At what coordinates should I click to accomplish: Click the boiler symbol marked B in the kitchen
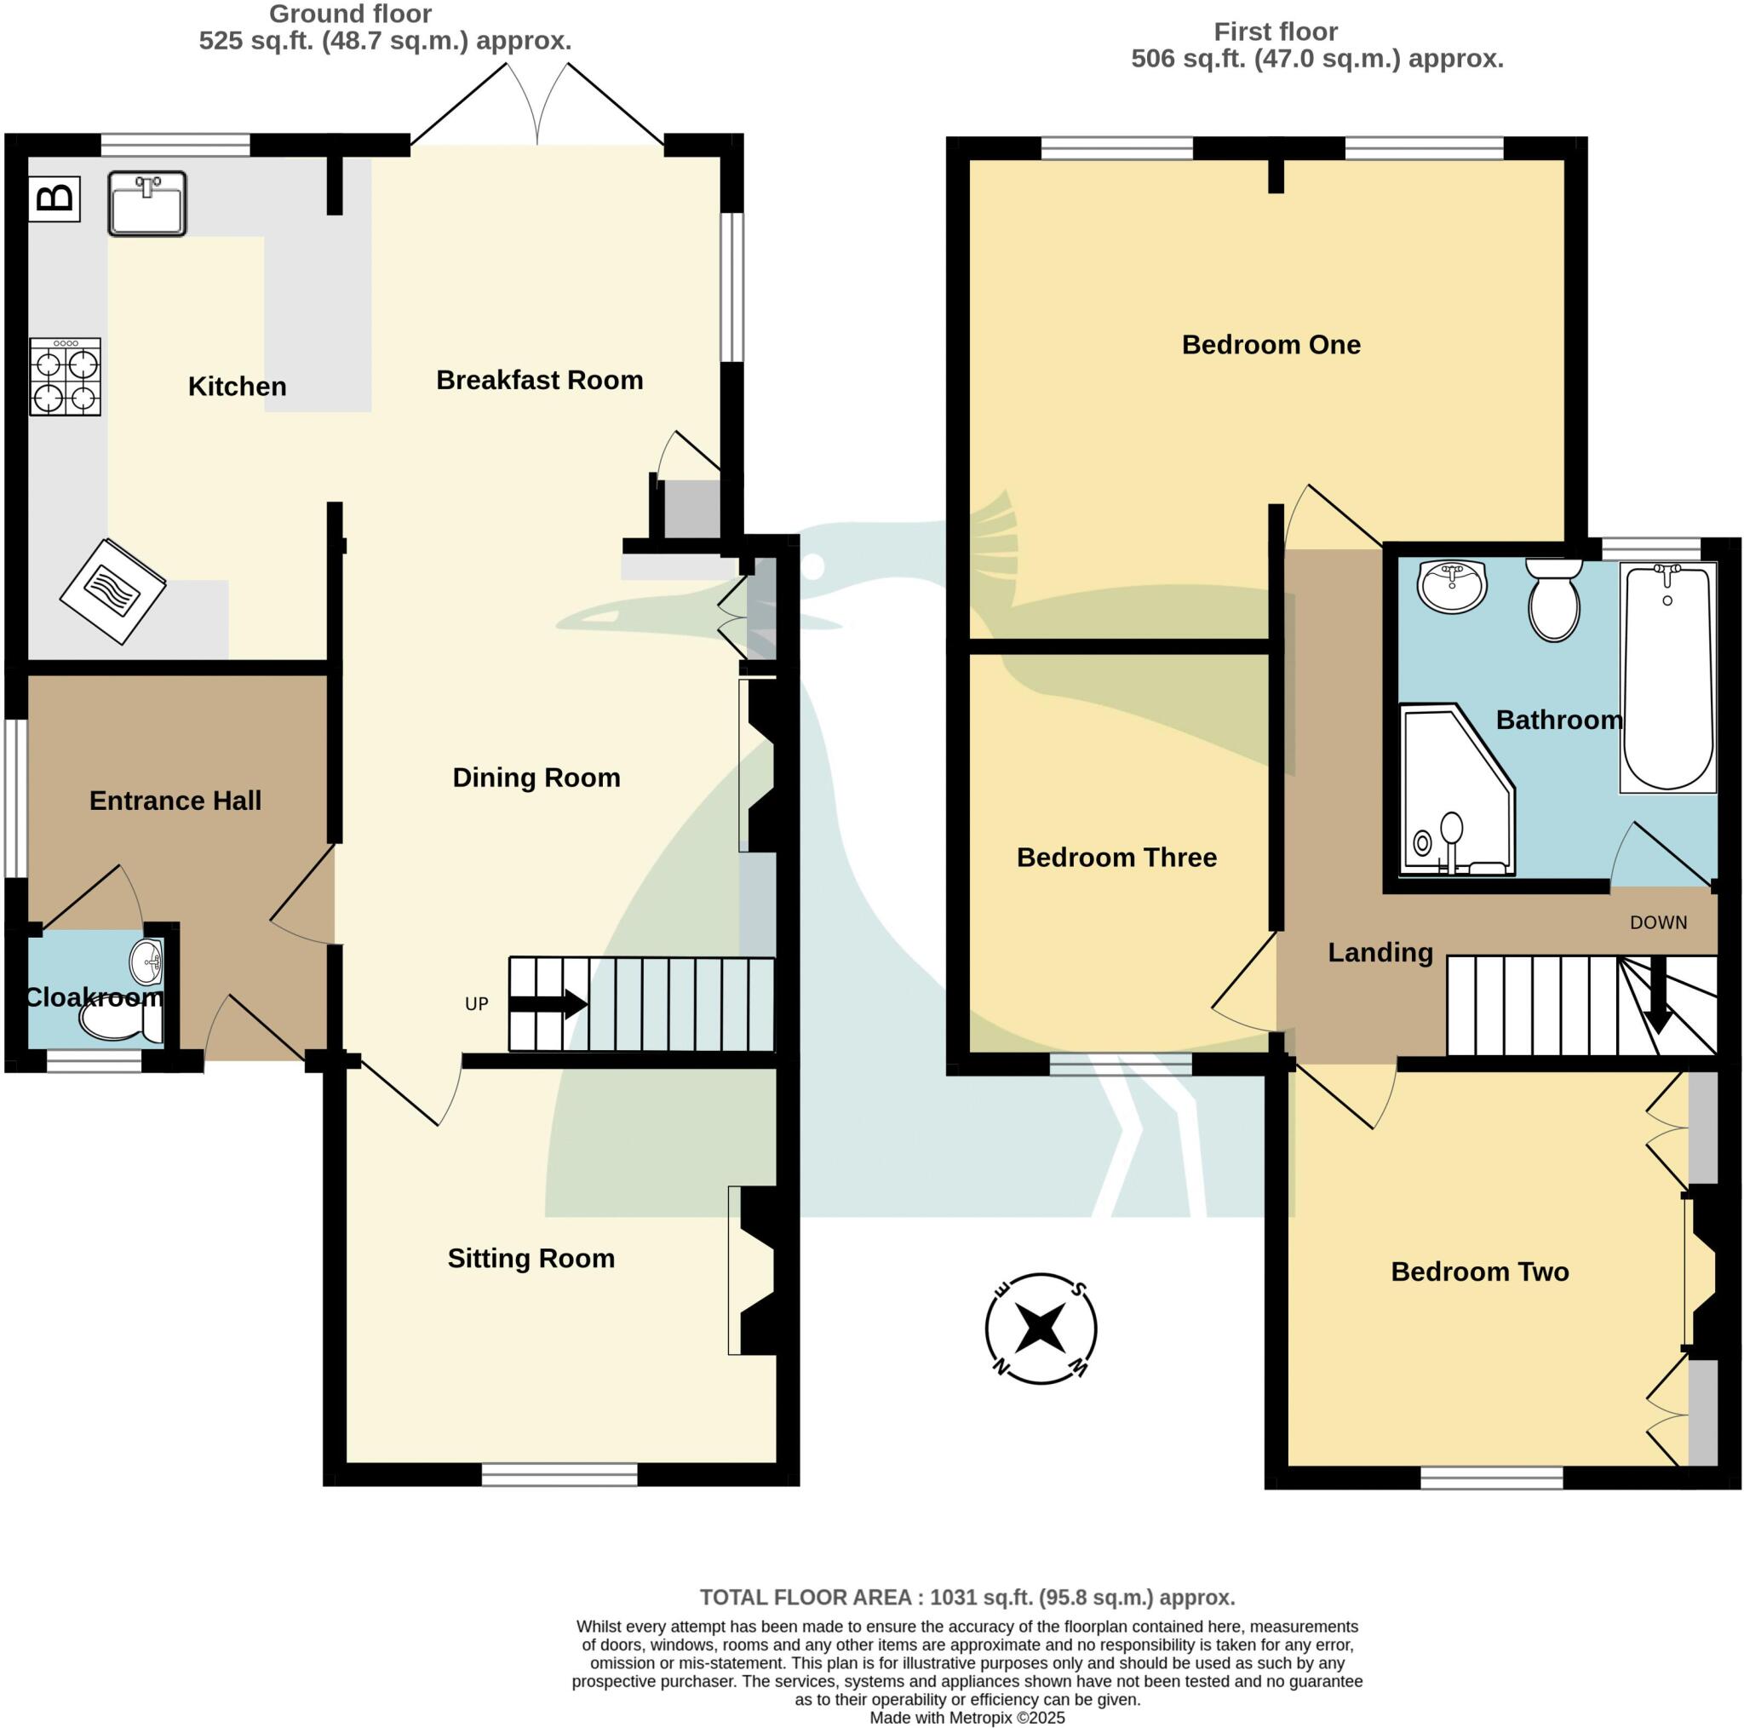click(x=54, y=198)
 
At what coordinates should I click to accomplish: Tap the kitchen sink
click(x=147, y=204)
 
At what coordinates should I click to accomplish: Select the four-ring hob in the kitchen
click(x=65, y=376)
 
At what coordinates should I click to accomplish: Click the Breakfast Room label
click(x=539, y=380)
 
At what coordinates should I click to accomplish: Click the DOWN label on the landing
click(x=1657, y=922)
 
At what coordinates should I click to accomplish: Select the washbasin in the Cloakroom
click(x=147, y=962)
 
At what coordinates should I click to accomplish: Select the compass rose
click(x=1040, y=1328)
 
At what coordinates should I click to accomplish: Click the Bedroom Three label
click(x=1116, y=857)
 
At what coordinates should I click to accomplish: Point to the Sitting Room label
click(x=531, y=1258)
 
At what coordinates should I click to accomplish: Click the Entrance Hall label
click(x=175, y=800)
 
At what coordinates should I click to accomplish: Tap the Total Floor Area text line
click(x=967, y=1597)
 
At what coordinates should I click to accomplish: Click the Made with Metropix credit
click(x=967, y=1717)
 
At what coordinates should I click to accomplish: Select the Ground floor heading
click(x=350, y=14)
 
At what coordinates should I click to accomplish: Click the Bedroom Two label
click(x=1479, y=1272)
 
